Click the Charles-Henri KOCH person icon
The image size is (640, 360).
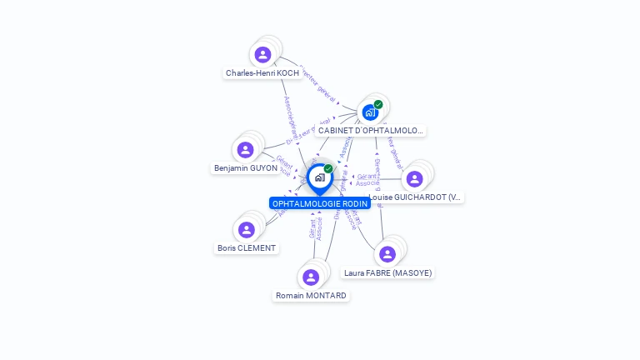point(262,55)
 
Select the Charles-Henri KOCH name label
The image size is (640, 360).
point(262,73)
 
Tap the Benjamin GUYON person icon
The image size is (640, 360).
point(245,150)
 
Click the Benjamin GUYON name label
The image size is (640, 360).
point(246,168)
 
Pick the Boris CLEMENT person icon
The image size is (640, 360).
point(246,229)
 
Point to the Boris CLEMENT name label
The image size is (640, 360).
point(247,248)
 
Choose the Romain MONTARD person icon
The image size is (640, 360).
point(311,277)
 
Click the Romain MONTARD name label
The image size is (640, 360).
point(312,296)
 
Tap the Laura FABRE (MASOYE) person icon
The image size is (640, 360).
point(387,254)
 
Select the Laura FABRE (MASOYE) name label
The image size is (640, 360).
point(388,273)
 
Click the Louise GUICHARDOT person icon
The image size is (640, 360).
point(414,178)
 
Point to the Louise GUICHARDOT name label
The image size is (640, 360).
point(415,197)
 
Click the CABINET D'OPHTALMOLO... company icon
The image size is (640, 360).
point(370,112)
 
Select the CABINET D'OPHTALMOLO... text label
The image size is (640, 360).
point(371,131)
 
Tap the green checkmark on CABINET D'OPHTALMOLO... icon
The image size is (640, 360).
point(378,104)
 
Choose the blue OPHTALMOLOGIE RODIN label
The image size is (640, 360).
point(320,203)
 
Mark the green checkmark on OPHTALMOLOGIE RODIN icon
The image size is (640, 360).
point(328,168)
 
